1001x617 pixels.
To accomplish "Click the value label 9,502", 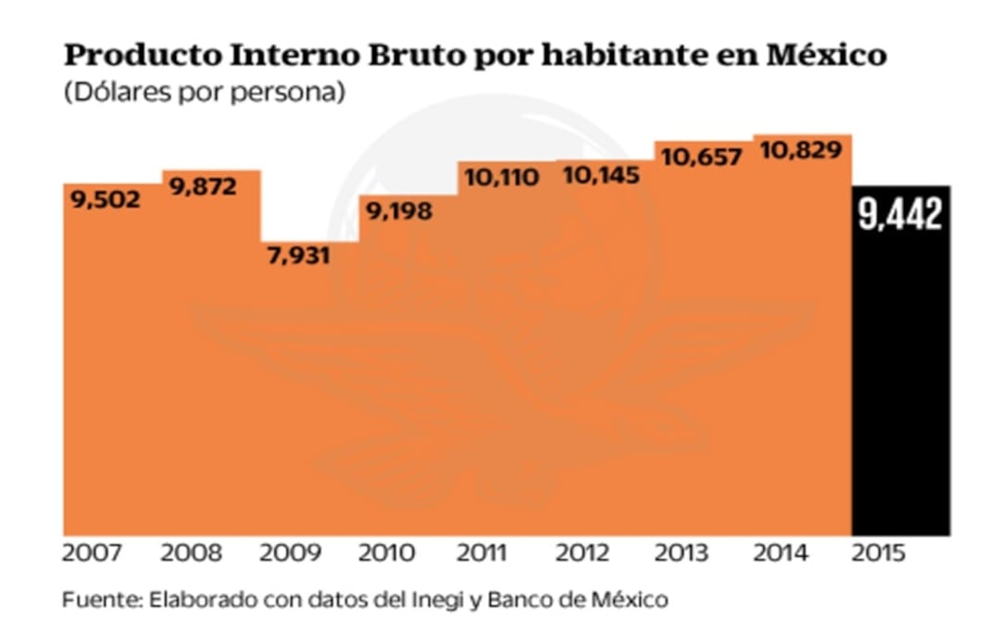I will coord(103,199).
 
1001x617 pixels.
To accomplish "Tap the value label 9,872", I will coord(202,186).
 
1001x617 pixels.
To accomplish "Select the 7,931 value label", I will coord(298,256).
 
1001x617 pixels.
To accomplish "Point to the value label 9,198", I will coord(398,211).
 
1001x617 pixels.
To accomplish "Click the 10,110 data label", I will coord(501,177).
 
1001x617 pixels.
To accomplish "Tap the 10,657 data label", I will coord(702,157).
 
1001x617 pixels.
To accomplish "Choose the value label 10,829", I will coord(801,150).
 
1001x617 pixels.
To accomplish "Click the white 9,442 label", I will coord(899,215).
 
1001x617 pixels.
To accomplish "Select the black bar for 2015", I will coord(900,389).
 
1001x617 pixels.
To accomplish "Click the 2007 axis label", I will coord(93,554).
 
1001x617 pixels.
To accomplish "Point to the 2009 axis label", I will coord(289,554).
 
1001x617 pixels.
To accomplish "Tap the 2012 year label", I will coord(583,554).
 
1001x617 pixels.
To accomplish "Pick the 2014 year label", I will coord(780,554).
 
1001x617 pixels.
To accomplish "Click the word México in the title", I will coord(827,56).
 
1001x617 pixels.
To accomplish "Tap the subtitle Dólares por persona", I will coord(204,94).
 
